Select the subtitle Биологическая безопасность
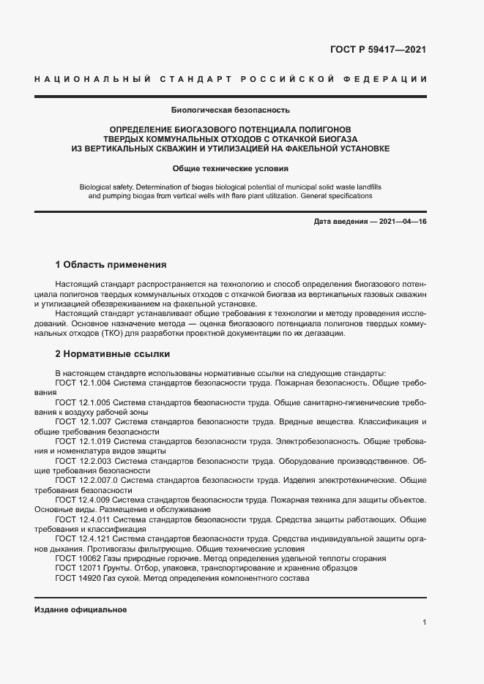(x=231, y=110)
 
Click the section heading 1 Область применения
(x=111, y=264)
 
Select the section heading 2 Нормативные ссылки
(x=113, y=353)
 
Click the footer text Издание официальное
(x=81, y=609)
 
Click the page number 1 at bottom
(x=424, y=622)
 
